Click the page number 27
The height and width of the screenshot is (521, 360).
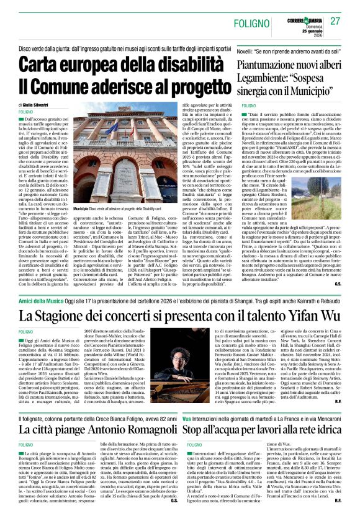335,20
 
